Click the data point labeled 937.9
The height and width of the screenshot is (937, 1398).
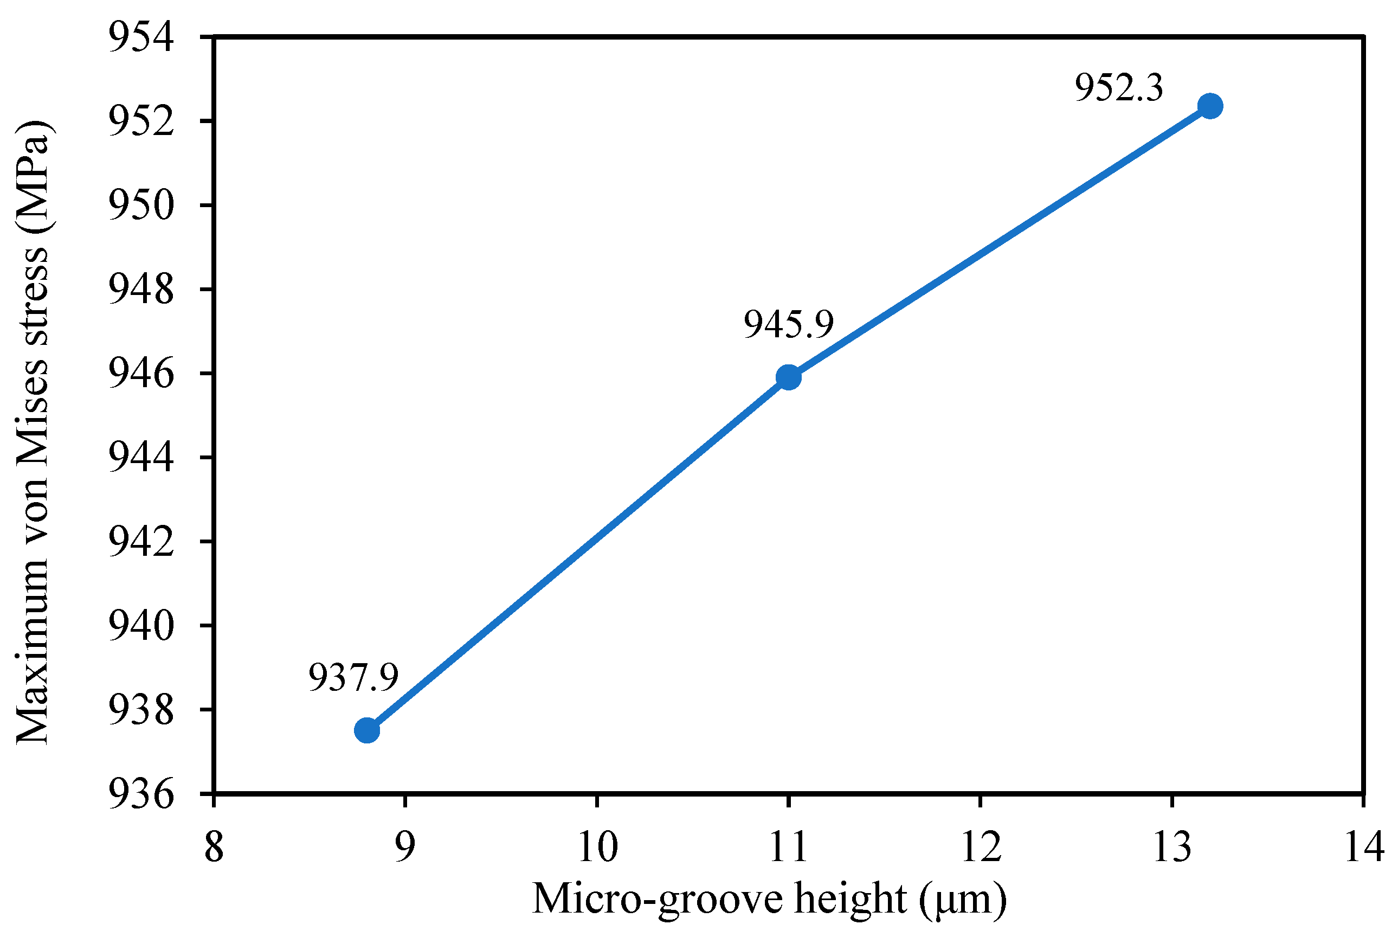click(367, 730)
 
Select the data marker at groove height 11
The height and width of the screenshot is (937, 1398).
click(788, 377)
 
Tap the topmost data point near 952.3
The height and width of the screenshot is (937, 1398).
click(1210, 106)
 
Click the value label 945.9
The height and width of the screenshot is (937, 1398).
click(788, 324)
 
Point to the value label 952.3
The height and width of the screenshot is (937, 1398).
click(1118, 88)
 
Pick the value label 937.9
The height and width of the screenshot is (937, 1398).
click(353, 678)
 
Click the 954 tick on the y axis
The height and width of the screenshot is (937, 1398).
click(141, 37)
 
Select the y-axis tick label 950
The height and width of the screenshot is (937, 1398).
click(141, 205)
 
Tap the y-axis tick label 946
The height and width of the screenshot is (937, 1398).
click(141, 374)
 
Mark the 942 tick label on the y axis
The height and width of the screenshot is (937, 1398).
click(141, 541)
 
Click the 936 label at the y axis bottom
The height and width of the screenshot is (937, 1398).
click(141, 795)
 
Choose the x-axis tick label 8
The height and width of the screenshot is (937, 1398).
click(214, 847)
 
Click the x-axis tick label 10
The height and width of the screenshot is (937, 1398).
click(597, 847)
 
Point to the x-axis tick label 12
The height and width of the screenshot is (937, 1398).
click(981, 847)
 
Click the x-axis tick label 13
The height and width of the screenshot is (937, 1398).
click(1172, 847)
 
